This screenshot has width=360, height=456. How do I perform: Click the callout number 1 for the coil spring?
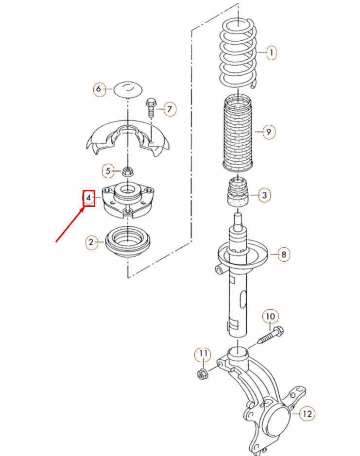tap(271, 52)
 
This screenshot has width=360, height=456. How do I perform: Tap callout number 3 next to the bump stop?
tap(264, 196)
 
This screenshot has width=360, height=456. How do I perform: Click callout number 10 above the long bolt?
tap(271, 317)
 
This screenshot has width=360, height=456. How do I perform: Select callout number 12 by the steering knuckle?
tap(307, 414)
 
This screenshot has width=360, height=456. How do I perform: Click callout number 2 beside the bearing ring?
tap(91, 242)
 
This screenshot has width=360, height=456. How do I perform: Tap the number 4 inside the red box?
tap(88, 198)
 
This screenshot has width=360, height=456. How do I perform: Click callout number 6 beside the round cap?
tap(100, 89)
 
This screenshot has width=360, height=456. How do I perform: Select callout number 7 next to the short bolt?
tap(169, 109)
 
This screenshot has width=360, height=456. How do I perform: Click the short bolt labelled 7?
tap(151, 107)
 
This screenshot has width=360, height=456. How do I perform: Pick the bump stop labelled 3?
tap(238, 194)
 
